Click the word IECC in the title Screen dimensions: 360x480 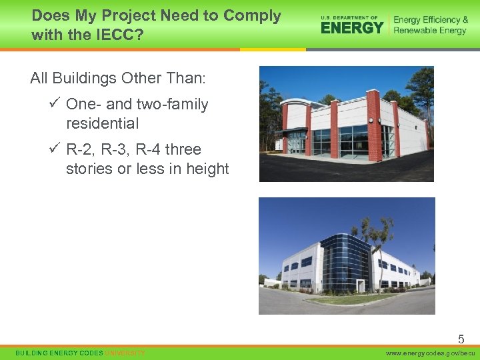click(115, 34)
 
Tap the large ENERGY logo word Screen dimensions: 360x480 click(352, 27)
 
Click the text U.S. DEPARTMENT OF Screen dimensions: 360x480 click(349, 17)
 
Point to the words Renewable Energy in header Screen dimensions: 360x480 click(430, 31)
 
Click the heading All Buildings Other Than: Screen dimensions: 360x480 click(118, 79)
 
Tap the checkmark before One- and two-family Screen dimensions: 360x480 click(55, 104)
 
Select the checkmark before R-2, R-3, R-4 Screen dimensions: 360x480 click(55, 149)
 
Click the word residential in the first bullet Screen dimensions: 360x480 click(102, 123)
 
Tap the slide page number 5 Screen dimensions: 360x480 click(461, 339)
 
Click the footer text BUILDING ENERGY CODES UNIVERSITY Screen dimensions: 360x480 click(80, 353)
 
